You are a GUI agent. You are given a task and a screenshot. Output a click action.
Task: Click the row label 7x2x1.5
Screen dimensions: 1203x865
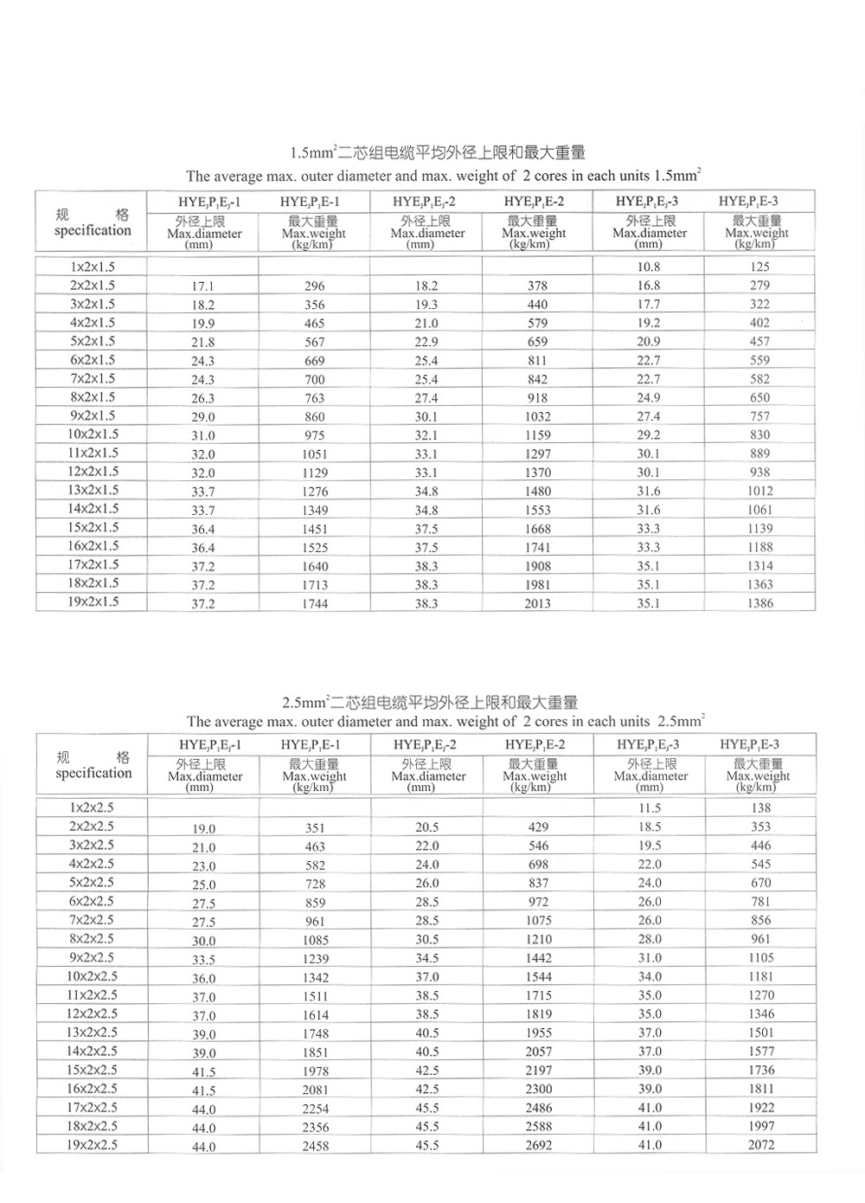coord(93,378)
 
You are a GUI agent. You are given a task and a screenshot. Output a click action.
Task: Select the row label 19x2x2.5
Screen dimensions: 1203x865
coord(93,1144)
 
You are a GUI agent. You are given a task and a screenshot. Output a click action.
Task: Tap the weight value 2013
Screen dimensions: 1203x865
coord(537,603)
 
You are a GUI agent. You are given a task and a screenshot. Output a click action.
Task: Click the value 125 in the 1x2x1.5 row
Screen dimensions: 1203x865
coord(759,267)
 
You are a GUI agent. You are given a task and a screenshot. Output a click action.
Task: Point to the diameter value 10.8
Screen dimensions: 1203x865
coord(649,267)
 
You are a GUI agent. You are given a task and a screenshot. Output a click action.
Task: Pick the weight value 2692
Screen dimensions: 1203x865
coord(538,1145)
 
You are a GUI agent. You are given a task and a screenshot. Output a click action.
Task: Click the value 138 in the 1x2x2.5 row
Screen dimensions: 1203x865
coord(760,807)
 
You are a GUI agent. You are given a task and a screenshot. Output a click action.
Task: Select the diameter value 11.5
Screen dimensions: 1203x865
coord(650,807)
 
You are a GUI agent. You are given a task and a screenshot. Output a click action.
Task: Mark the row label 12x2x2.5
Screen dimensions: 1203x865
coord(93,1013)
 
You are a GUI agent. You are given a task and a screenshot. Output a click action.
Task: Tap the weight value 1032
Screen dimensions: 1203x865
coord(537,416)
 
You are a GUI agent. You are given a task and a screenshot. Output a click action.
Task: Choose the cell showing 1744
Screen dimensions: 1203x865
coord(315,603)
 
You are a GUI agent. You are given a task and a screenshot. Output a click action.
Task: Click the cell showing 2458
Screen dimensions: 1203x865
coord(316,1146)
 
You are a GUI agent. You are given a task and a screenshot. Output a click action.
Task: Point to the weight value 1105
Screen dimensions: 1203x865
coord(761,957)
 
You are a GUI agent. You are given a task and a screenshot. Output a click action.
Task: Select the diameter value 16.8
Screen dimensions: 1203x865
coord(649,285)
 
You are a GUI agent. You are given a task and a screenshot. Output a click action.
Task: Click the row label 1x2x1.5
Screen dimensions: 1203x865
coord(93,267)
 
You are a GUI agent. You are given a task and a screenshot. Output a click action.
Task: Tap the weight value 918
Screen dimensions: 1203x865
coord(537,397)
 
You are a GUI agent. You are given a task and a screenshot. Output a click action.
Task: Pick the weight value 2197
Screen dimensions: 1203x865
coord(538,1070)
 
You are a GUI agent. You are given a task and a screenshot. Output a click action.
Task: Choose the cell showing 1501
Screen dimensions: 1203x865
coord(761,1033)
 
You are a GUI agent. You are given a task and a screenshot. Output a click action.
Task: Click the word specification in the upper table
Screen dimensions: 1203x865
coord(93,230)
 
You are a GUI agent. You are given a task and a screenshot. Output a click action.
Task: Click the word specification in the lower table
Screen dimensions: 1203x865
coord(93,773)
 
